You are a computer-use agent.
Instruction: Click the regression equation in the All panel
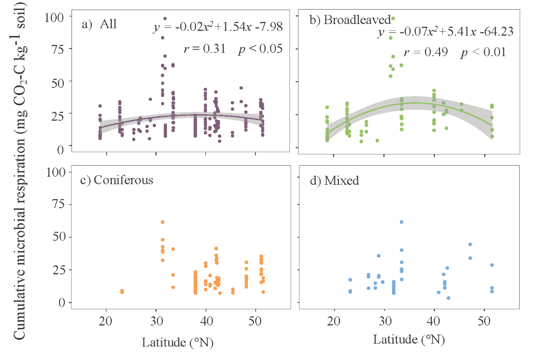pos(218,28)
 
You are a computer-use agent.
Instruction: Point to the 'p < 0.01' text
pos(483,52)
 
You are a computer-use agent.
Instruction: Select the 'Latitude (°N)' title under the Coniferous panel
pos(178,343)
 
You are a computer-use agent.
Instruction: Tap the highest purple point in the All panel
pos(165,19)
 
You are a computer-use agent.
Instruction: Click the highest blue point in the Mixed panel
pos(401,222)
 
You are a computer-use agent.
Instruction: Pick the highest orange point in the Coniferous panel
pos(163,222)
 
